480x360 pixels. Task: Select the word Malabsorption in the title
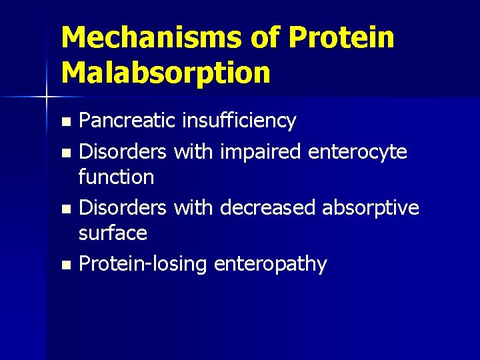[x=165, y=73]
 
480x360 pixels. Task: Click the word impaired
[x=262, y=152]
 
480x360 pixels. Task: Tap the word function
[x=117, y=177]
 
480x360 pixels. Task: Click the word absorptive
[x=371, y=208]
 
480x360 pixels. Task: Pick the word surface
[x=113, y=233]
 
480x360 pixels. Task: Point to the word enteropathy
[x=271, y=265]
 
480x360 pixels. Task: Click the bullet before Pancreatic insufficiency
[x=65, y=122]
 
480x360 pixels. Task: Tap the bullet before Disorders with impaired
[x=65, y=153]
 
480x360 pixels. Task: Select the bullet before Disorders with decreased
[x=65, y=209]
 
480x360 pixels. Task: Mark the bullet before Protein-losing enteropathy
[x=65, y=265]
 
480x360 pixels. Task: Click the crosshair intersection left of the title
[x=47, y=98]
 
